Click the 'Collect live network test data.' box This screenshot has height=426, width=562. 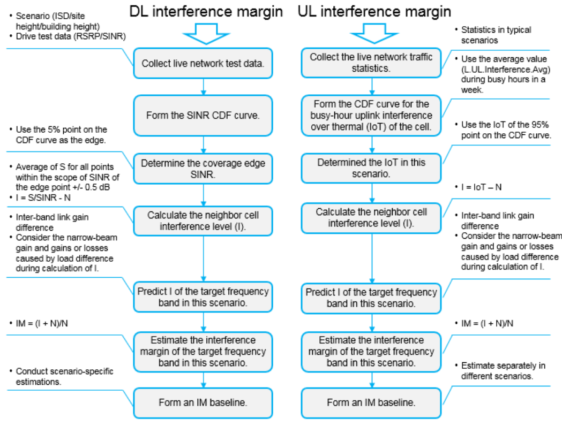(203, 63)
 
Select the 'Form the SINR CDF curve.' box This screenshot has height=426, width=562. (203, 115)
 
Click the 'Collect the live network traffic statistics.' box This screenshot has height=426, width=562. (371, 63)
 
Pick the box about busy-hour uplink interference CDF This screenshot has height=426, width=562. (371, 115)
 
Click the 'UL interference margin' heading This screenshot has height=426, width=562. (374, 12)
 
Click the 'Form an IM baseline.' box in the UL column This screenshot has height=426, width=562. (371, 402)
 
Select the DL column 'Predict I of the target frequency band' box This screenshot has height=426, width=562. (203, 297)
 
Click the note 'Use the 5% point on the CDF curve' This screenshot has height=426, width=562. (59, 134)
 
